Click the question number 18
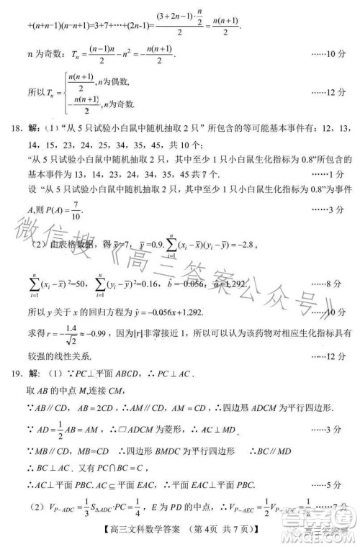pos(10,129)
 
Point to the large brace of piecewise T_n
pos(60,92)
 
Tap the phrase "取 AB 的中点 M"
pos(61,392)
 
